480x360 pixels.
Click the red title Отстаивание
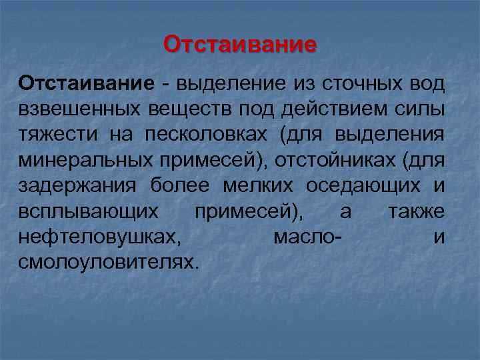point(240,45)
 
